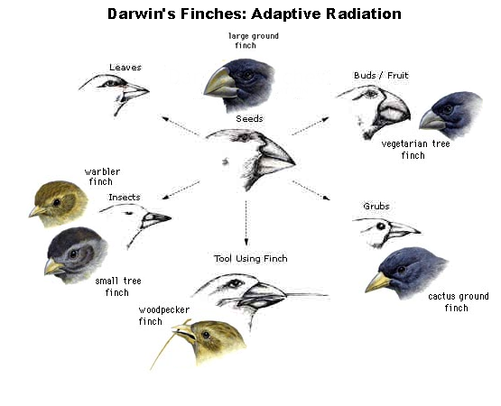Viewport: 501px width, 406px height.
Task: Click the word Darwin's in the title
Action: point(142,14)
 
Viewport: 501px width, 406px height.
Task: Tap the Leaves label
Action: point(125,68)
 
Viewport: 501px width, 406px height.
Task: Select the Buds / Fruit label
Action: point(381,76)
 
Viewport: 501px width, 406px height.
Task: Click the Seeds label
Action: point(249,119)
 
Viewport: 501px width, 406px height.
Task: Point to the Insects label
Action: point(125,198)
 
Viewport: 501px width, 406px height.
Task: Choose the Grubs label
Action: point(376,207)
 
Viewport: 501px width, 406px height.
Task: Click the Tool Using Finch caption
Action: point(251,258)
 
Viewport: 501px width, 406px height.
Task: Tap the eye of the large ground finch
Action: point(247,76)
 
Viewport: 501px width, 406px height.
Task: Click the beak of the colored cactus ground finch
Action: point(377,282)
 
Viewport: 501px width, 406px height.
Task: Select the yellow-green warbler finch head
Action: point(59,204)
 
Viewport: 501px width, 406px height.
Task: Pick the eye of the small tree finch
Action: point(73,254)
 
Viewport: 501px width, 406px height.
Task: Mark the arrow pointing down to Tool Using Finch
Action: point(246,223)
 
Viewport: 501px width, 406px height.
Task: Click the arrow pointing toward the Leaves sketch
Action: point(181,126)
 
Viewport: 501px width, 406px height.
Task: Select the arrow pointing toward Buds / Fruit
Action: point(311,126)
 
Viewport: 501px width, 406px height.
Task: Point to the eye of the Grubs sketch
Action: point(381,226)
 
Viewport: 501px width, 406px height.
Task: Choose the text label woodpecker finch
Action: point(163,315)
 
